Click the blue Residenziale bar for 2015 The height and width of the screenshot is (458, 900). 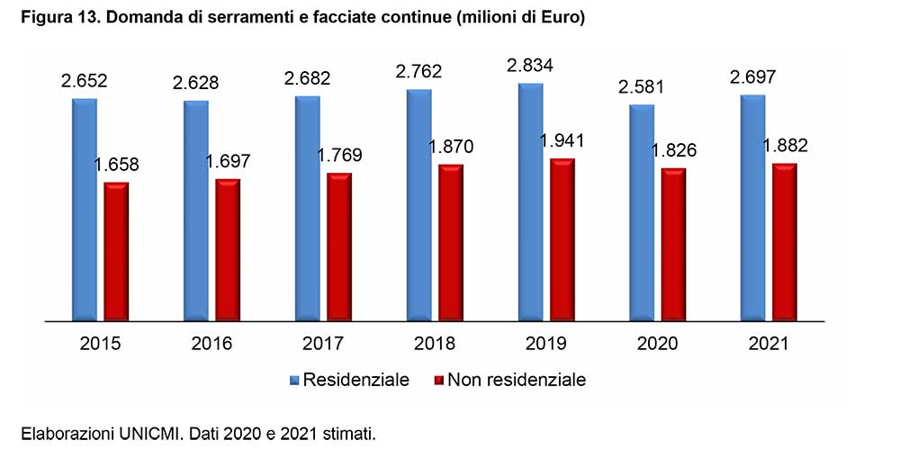tap(85, 209)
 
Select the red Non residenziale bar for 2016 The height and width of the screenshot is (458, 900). tap(228, 249)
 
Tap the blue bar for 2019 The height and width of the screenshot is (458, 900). tap(531, 201)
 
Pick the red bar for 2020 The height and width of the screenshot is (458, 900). tap(674, 244)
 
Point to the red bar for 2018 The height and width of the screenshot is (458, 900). tap(451, 242)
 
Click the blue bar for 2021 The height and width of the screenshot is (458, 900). tap(753, 207)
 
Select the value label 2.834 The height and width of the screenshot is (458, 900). tap(530, 66)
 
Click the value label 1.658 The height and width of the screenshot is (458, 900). tap(118, 165)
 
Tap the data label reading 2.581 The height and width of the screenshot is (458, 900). tap(642, 88)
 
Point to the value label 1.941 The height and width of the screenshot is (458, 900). tap(564, 140)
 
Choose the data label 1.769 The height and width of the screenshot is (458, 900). tap(341, 156)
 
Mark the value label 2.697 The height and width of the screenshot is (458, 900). tap(753, 78)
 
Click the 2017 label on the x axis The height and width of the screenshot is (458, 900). tap(323, 345)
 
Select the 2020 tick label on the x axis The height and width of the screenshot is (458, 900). tap(659, 345)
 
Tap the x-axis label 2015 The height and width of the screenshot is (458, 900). tap(100, 345)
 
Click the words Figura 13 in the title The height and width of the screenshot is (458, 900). tap(57, 19)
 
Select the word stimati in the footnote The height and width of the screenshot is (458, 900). tap(346, 434)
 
